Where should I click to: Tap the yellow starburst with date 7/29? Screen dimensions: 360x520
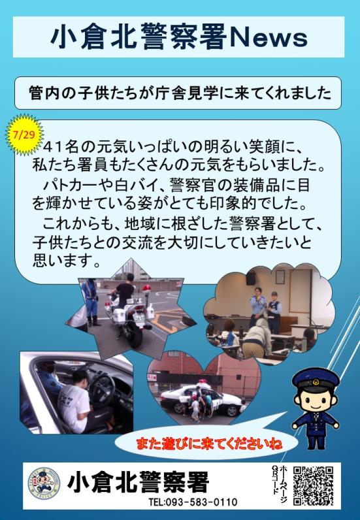tap(24, 135)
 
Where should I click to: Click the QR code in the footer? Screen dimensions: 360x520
tap(312, 485)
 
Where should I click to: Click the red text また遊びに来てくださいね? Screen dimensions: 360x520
tap(209, 444)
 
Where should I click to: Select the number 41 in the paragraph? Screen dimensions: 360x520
tap(52, 146)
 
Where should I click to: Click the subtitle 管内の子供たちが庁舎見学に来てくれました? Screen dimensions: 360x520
tap(180, 93)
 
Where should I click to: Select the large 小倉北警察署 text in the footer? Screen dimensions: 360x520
tap(139, 482)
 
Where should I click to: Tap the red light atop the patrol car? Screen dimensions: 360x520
tap(203, 382)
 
